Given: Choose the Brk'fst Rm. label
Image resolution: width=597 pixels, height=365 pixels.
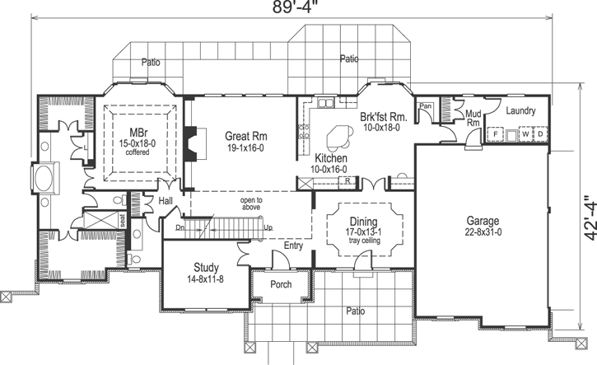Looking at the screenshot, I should (x=380, y=117).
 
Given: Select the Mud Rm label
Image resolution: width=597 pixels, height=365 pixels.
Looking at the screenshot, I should (x=473, y=118).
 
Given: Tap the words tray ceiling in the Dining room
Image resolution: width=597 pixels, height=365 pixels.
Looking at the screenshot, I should (x=363, y=243).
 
